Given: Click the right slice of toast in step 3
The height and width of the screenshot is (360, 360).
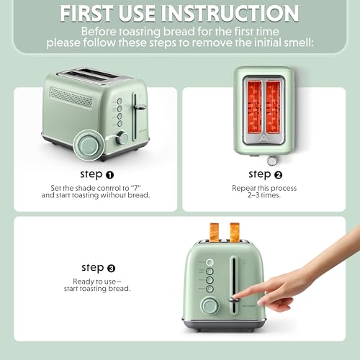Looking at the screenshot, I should (x=234, y=230).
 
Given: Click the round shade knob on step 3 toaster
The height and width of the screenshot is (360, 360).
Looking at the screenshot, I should (x=210, y=305).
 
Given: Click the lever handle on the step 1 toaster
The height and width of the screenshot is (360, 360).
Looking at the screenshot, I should (x=138, y=107).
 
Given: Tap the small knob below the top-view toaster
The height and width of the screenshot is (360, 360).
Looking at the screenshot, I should (x=273, y=159).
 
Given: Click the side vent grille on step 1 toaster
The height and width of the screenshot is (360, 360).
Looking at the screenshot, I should (x=75, y=98).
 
